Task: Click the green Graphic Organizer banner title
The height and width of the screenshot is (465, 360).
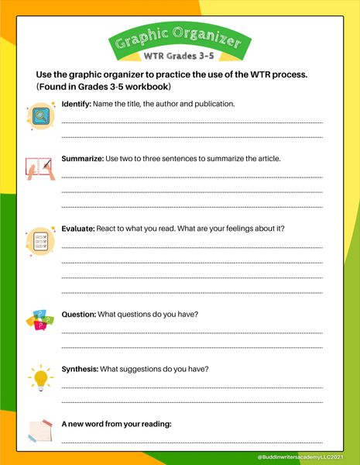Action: pyautogui.click(x=180, y=40)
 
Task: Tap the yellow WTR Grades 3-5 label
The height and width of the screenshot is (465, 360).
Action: pyautogui.click(x=180, y=57)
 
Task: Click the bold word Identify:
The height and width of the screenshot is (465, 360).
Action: pyautogui.click(x=76, y=103)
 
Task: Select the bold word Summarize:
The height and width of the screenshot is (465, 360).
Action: pyautogui.click(x=82, y=158)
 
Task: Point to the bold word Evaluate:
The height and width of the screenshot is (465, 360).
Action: pyautogui.click(x=78, y=229)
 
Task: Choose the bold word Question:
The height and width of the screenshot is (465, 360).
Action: pyautogui.click(x=79, y=314)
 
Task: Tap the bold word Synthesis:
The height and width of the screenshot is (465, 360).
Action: pyautogui.click(x=80, y=369)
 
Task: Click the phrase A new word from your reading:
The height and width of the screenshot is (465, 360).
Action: pyautogui.click(x=116, y=424)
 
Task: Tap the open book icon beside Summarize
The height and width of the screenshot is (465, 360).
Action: pyautogui.click(x=39, y=169)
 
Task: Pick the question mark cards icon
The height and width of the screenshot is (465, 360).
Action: pyautogui.click(x=38, y=321)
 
